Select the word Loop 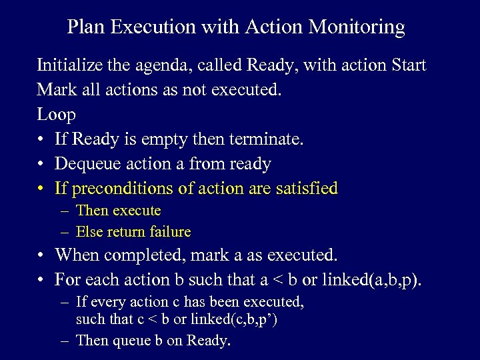coord(56,115)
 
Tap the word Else coord(89,232)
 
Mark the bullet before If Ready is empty coord(41,139)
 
